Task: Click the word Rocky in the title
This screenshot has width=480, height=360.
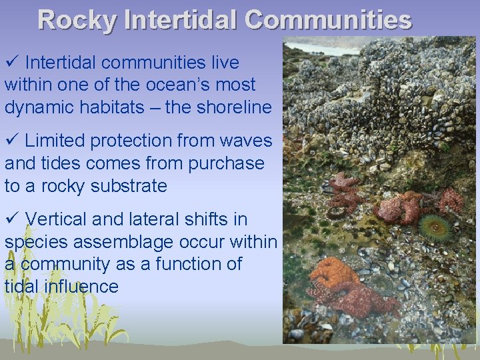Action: (x=77, y=20)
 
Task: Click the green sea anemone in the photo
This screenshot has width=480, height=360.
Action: (x=437, y=228)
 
